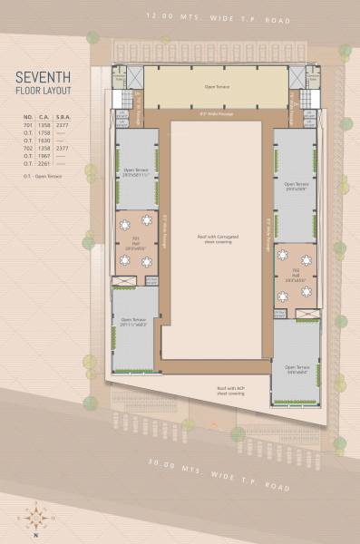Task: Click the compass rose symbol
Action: [35, 518]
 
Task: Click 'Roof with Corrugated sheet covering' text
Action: [216, 237]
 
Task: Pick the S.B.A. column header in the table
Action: [63, 117]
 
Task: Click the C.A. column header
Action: [44, 117]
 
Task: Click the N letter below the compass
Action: [35, 536]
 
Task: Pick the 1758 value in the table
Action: [44, 131]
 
